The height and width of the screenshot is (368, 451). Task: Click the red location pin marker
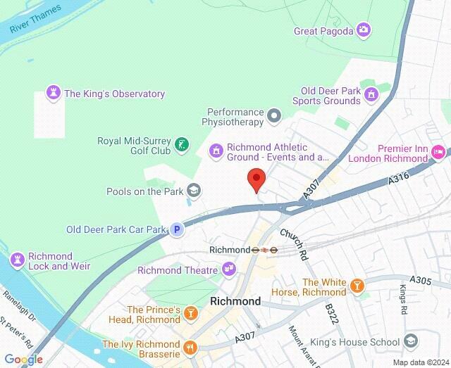256,179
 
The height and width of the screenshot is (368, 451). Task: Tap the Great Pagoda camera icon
363,30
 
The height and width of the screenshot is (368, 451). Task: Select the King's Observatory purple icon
53,94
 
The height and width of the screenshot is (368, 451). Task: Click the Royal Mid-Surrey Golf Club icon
182,145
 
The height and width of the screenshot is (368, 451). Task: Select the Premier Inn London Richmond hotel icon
438,151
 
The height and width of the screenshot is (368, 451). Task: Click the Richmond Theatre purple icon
228,269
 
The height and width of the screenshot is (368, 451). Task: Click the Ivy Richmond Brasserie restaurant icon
189,347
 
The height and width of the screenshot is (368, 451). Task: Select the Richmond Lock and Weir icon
18,259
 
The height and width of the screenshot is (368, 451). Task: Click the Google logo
23,360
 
